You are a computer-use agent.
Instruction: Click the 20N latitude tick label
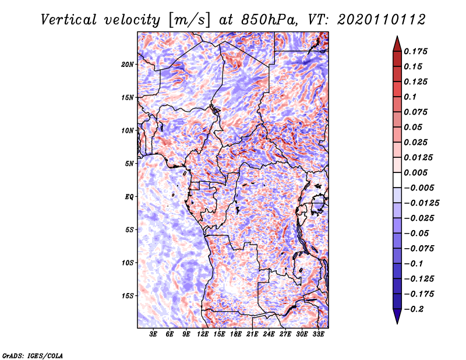(x=128, y=65)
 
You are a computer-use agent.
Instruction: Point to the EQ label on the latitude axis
(x=129, y=197)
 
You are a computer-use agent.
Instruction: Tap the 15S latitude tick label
(x=128, y=296)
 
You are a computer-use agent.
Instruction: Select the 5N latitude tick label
(x=129, y=164)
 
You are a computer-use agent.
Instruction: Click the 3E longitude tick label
(x=153, y=334)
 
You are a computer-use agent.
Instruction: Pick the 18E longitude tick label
(x=236, y=334)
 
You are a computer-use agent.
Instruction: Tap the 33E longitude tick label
(x=318, y=334)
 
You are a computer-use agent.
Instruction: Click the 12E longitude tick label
(x=203, y=334)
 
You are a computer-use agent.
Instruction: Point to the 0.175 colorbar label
(x=415, y=51)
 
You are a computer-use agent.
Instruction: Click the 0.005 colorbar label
(x=415, y=172)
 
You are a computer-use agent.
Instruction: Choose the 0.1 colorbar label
(x=410, y=97)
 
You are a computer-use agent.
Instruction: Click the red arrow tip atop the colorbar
(x=397, y=37)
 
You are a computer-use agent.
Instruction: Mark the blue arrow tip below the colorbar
(x=397, y=323)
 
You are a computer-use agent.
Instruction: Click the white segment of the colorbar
(x=397, y=180)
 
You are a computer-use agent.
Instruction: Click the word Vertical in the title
(x=69, y=20)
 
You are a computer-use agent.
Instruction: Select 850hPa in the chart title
(x=269, y=20)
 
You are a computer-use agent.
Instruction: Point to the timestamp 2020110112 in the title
(x=382, y=20)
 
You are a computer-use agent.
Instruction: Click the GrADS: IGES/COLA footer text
(x=33, y=355)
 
